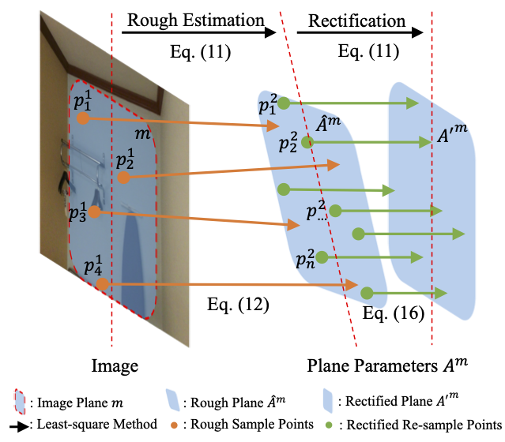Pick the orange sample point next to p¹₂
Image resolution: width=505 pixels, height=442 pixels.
click(122, 178)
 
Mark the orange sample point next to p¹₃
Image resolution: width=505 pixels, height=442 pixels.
click(94, 212)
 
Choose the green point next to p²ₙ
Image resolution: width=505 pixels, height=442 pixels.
click(322, 257)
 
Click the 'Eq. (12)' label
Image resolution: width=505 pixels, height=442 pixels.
click(236, 303)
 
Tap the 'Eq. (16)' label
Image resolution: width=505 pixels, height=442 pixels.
click(394, 313)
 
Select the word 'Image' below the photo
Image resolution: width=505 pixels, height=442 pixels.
click(115, 365)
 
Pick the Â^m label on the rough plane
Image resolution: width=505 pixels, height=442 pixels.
click(328, 123)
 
